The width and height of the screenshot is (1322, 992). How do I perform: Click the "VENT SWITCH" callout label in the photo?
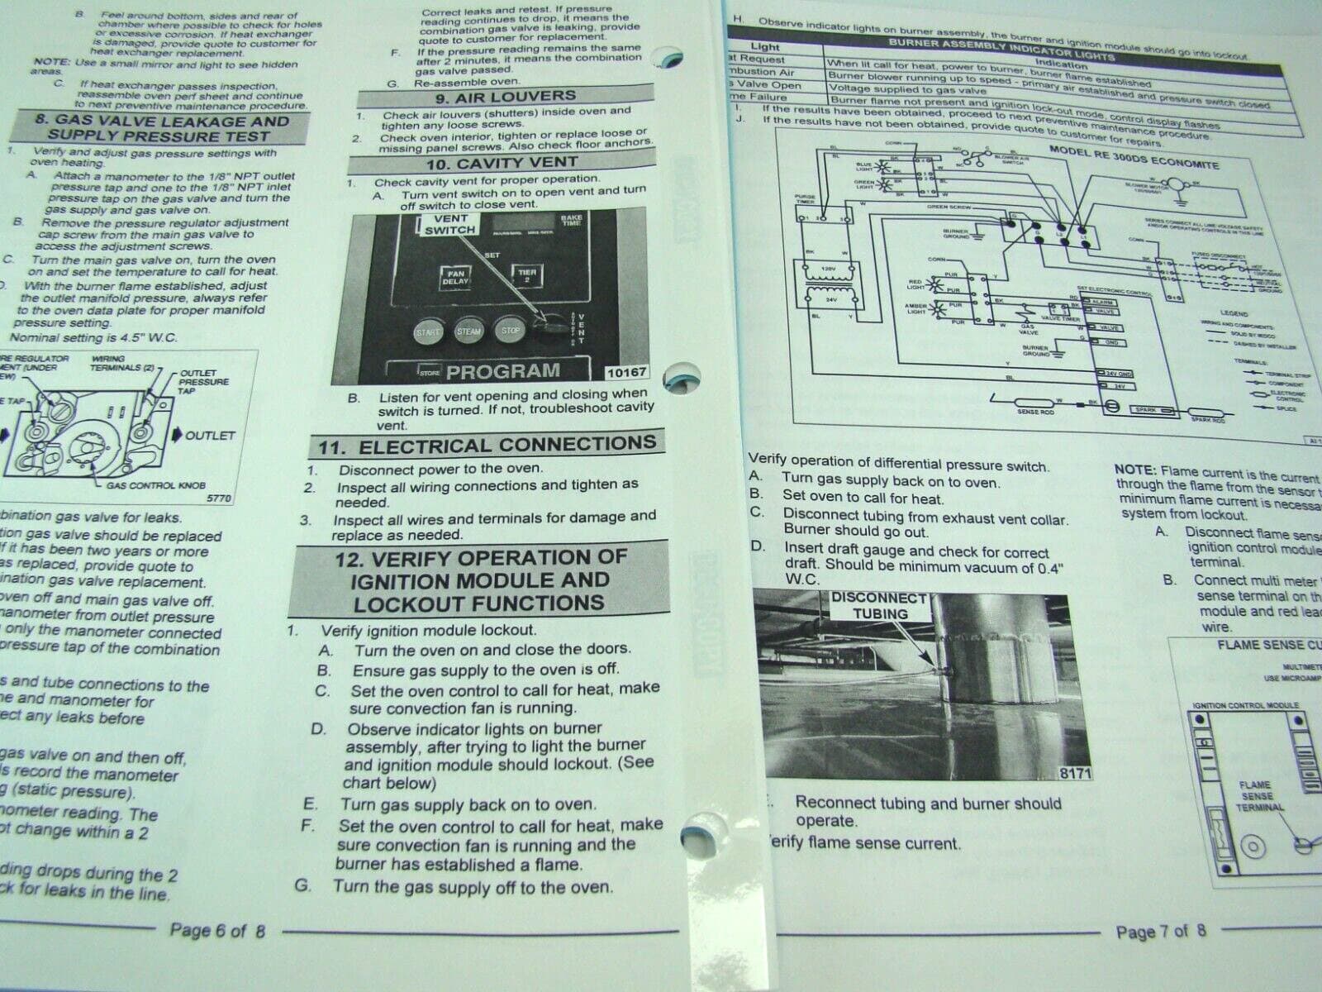449,224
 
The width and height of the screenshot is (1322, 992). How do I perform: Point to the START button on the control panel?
428,331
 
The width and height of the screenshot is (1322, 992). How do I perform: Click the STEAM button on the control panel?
468,331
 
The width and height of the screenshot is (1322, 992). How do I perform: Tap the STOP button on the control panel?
510,330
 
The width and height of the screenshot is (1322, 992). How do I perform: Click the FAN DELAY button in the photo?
455,277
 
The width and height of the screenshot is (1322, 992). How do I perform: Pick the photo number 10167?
625,373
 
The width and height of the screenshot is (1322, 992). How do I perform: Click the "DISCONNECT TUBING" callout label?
880,605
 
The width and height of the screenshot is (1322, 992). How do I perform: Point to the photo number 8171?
1075,773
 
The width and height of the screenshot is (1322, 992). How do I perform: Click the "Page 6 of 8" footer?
217,930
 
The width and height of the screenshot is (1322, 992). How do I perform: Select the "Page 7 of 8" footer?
1160,932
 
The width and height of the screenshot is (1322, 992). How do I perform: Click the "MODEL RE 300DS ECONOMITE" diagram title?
1134,157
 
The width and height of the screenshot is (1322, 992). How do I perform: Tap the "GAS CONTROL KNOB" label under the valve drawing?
155,485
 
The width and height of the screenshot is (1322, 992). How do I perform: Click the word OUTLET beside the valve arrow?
210,435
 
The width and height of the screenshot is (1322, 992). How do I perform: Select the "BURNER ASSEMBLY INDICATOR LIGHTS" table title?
1001,50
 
